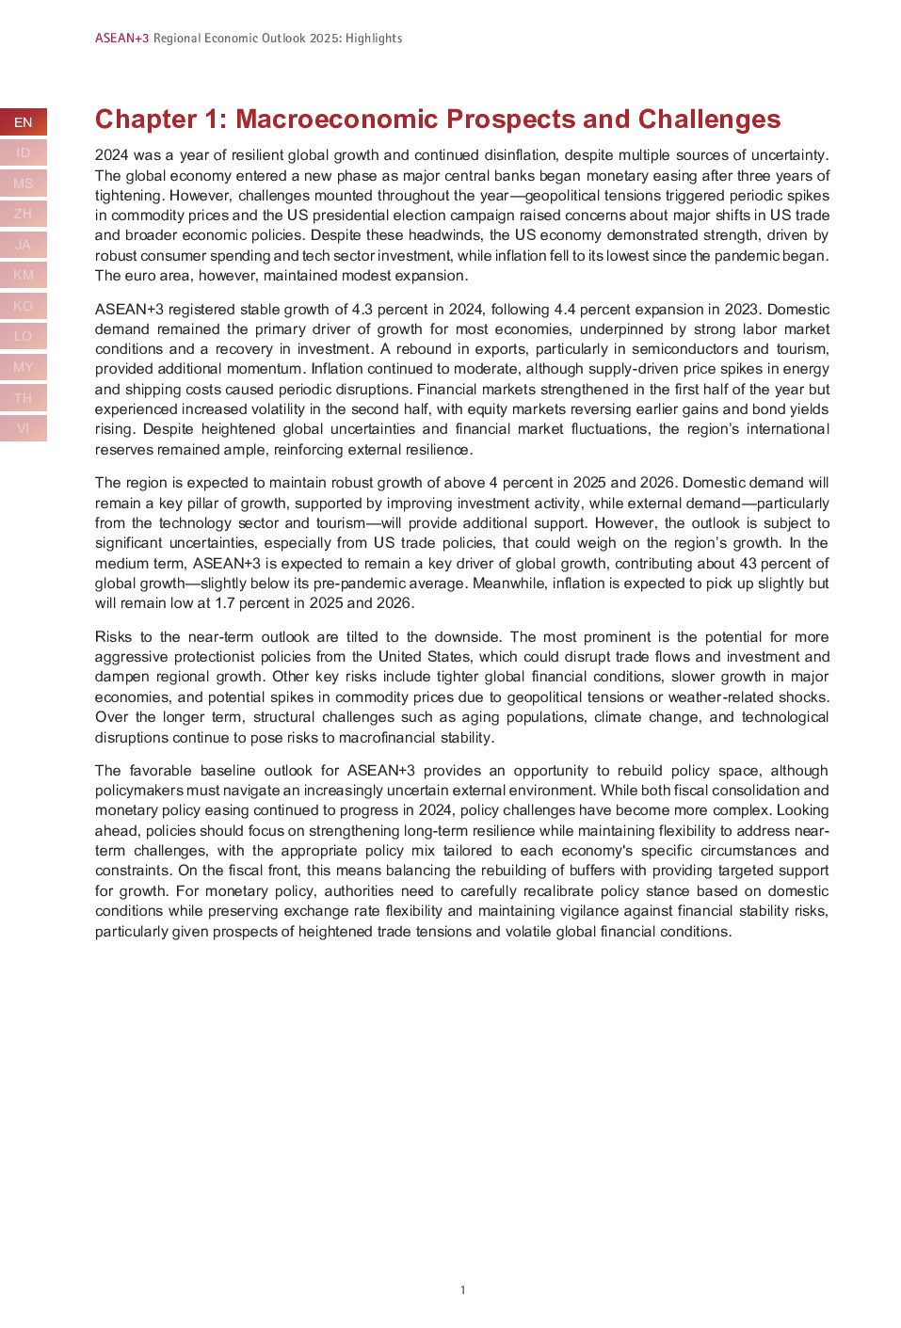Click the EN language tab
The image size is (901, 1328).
pos(23,122)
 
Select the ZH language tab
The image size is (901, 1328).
pos(23,215)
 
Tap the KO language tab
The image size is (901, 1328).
pos(23,306)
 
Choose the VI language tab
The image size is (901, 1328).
pos(23,428)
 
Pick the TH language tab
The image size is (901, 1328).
pos(23,398)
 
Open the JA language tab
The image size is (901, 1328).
pos(23,245)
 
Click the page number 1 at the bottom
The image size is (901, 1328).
pos(462,1290)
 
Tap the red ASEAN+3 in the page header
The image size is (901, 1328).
pos(121,39)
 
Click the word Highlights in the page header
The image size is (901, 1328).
pos(374,39)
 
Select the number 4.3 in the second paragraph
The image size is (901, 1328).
pos(362,310)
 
